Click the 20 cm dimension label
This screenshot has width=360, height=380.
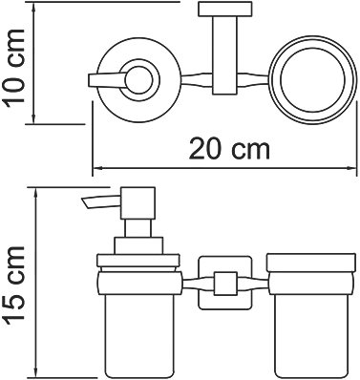[x=229, y=149]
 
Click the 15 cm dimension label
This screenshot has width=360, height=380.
[x=13, y=287]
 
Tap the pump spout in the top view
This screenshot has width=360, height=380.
[x=106, y=80]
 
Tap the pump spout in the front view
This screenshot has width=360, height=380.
[x=101, y=201]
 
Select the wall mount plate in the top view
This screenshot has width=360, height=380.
[x=224, y=10]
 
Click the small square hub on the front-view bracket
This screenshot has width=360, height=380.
[x=225, y=284]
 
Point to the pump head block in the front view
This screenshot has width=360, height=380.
[x=138, y=203]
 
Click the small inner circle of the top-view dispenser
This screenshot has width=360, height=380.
[x=138, y=80]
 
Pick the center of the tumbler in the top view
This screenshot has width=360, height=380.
[x=312, y=81]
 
